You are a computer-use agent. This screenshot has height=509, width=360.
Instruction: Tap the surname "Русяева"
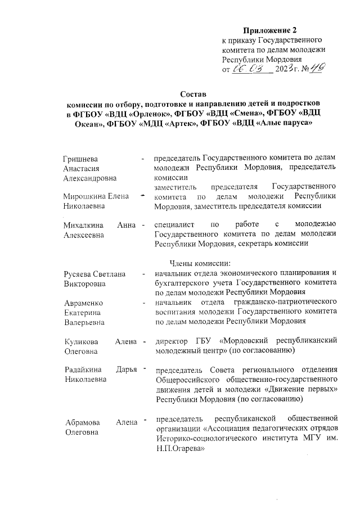point(78,273)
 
